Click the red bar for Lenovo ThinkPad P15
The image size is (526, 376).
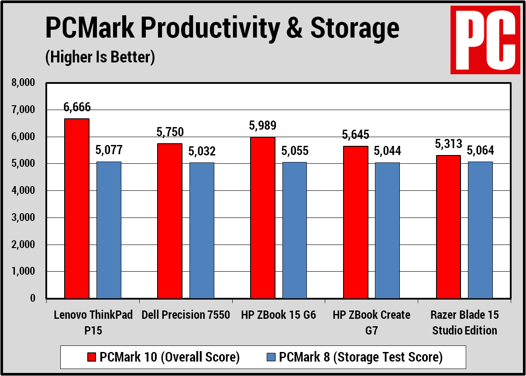tap(77, 209)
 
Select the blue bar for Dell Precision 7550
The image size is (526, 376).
tap(202, 231)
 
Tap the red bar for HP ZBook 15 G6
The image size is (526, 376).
tap(263, 218)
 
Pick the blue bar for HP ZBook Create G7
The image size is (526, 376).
tap(387, 231)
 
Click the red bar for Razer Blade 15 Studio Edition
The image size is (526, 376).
tap(448, 227)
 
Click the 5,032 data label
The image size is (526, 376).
tap(202, 152)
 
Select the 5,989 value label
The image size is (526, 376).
tap(263, 126)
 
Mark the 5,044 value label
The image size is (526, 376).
tap(387, 152)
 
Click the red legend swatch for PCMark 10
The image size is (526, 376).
tap(92, 357)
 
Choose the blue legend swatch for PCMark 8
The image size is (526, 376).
tap(271, 357)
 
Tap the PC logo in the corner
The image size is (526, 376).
tap(485, 40)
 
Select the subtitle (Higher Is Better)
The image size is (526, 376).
tap(100, 57)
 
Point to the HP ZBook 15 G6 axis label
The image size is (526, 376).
tap(278, 315)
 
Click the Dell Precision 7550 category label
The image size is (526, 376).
tap(186, 315)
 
